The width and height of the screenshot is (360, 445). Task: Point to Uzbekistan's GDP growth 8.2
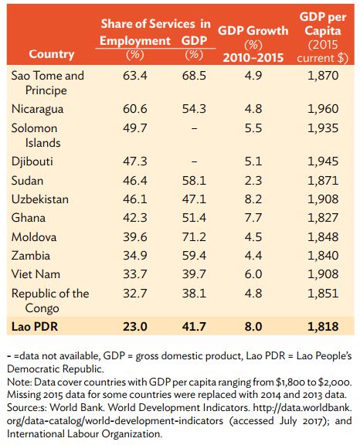(x=248, y=199)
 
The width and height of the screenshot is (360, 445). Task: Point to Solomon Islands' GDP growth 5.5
(x=248, y=130)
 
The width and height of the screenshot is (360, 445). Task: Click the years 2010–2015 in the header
(x=249, y=57)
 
